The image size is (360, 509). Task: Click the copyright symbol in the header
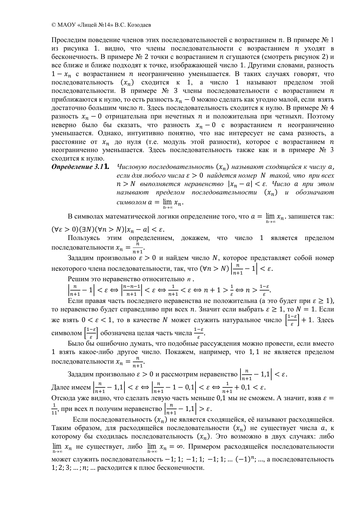click(53, 25)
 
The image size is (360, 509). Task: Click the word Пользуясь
click(82, 238)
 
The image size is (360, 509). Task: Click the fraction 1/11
click(54, 409)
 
